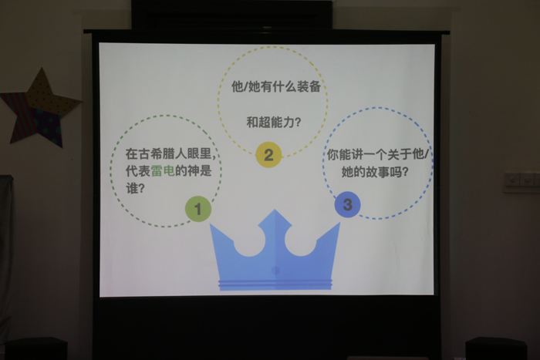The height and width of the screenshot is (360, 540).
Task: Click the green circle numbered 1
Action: click(198, 209)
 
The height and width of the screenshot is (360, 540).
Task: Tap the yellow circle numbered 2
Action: click(268, 155)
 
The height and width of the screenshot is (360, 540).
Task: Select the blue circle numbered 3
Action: click(347, 204)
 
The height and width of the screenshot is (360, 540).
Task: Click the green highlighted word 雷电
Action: click(163, 170)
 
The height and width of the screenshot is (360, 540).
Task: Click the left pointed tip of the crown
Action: click(210, 224)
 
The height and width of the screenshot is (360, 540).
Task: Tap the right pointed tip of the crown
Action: click(339, 223)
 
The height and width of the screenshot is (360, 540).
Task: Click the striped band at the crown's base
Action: click(275, 284)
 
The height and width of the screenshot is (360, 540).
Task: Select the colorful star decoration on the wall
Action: click(39, 109)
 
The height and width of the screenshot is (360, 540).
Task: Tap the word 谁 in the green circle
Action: click(132, 188)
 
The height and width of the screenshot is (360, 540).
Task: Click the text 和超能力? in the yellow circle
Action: click(273, 122)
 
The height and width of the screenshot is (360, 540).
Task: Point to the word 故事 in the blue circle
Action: click(378, 172)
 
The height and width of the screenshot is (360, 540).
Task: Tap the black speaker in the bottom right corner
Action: click(496, 348)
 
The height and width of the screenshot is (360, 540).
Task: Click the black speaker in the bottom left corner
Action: click(35, 348)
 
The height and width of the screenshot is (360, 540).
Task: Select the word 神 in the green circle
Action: click(193, 170)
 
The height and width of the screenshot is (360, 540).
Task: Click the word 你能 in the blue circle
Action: click(339, 154)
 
